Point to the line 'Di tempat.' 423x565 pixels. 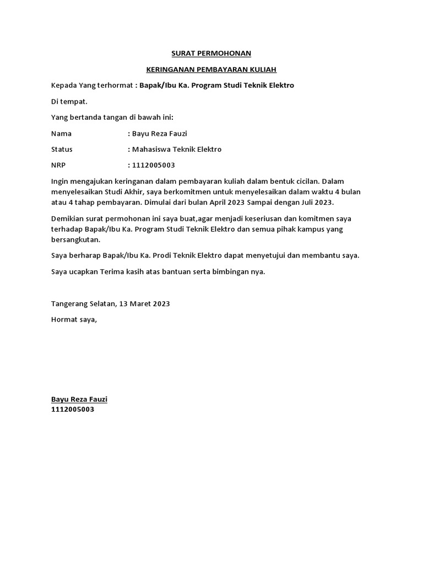pos(69,102)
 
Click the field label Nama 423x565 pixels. pos(61,134)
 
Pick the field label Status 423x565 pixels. pos(62,150)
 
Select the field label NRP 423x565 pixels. pos(58,165)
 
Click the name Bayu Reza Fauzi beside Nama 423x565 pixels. pos(160,134)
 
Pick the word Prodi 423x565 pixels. pos(166,255)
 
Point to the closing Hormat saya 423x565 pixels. pos(74,319)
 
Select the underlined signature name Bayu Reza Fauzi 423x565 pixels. pos(79,399)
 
